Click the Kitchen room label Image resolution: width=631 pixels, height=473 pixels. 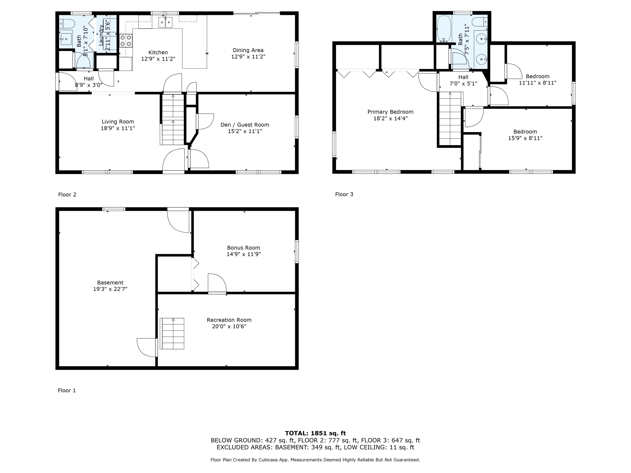(x=158, y=53)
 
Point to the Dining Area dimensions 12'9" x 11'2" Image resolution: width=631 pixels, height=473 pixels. (x=248, y=57)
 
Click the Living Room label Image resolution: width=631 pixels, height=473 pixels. (x=118, y=122)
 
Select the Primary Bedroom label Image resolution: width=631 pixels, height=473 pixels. (x=390, y=112)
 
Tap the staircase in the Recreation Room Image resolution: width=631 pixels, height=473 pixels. (x=173, y=334)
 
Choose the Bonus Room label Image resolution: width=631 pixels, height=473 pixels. (x=243, y=248)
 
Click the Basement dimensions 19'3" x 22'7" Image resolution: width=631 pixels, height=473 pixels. (x=110, y=289)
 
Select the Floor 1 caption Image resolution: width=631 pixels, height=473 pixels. (x=67, y=390)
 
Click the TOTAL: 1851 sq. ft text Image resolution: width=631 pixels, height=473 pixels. (x=315, y=433)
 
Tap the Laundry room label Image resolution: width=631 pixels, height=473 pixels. (x=101, y=35)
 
